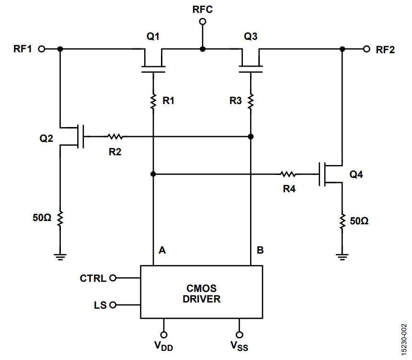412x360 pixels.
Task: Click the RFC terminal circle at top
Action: coord(202,22)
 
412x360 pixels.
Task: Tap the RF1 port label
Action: coord(23,49)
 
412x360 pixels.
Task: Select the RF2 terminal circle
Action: coord(366,49)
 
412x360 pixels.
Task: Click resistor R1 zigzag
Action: coord(153,101)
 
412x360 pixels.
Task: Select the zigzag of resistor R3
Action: coord(251,101)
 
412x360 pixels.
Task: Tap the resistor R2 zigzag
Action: coord(115,137)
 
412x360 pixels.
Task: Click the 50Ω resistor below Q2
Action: coord(60,219)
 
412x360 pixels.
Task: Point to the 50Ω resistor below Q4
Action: coord(342,221)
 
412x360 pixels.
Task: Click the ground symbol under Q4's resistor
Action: coord(342,256)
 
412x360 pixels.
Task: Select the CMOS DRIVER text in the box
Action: coord(201,294)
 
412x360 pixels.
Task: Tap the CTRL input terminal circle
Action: coord(113,278)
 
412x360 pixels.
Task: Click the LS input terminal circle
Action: coord(113,305)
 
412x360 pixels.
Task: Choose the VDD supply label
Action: coord(164,345)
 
